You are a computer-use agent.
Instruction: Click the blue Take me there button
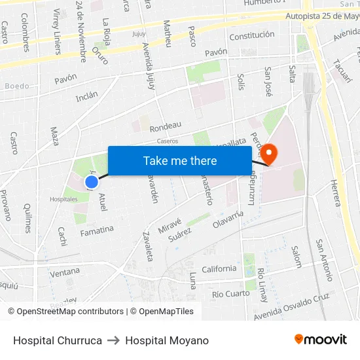pyautogui.click(x=180, y=160)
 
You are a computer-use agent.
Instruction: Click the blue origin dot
pyautogui.click(x=92, y=182)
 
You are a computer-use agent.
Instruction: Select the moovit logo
pyautogui.click(x=320, y=339)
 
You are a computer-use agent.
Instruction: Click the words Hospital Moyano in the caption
pyautogui.click(x=167, y=340)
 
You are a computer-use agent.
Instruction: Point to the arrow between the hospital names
pyautogui.click(x=114, y=340)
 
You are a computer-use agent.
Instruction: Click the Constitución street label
pyautogui.click(x=251, y=36)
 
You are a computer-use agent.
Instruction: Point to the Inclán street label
pyautogui.click(x=86, y=96)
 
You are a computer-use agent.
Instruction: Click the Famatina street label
pyautogui.click(x=96, y=231)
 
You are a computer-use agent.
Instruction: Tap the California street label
pyautogui.click(x=219, y=268)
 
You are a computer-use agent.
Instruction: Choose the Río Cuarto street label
pyautogui.click(x=230, y=294)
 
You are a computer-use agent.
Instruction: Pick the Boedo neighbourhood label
pyautogui.click(x=17, y=86)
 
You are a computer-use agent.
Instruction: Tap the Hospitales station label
pyautogui.click(x=63, y=199)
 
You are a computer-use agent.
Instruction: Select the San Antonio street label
pyautogui.click(x=325, y=259)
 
